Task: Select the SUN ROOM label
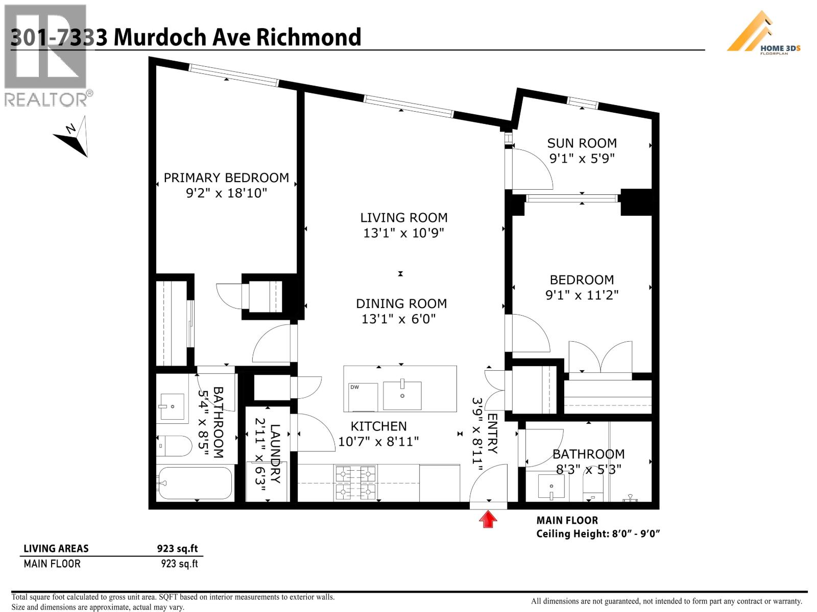click(582, 143)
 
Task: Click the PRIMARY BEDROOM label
click(226, 178)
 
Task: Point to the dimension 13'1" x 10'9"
click(403, 233)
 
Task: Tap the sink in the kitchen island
click(402, 395)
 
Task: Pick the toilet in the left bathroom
click(174, 446)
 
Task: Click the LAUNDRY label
click(275, 454)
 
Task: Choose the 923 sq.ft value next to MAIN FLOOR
click(179, 564)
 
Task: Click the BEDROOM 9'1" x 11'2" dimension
click(582, 295)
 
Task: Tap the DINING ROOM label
click(401, 304)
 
